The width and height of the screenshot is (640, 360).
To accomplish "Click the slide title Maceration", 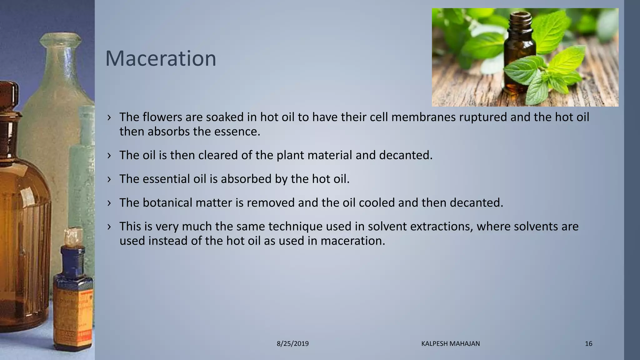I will [x=161, y=58].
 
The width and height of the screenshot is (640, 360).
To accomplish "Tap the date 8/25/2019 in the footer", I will [x=293, y=344].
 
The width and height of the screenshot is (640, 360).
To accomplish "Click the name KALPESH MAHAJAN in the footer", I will [x=450, y=344].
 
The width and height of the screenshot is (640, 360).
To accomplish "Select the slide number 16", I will [x=588, y=344].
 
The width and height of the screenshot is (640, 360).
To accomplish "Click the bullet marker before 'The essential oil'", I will [x=109, y=179].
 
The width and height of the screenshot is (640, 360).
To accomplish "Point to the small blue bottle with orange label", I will [x=72, y=297].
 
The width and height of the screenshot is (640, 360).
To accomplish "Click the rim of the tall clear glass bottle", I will [x=61, y=39].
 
